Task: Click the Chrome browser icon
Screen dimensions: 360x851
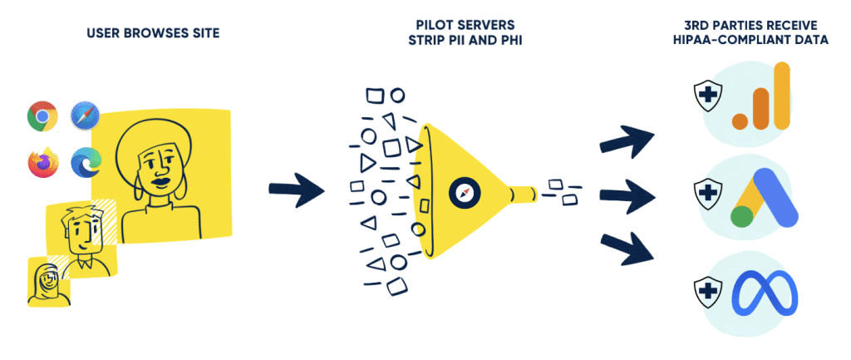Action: [x=42, y=116]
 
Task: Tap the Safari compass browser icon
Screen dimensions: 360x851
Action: [x=86, y=116]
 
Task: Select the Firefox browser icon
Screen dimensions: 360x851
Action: [x=43, y=161]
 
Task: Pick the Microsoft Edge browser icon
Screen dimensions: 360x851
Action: [x=86, y=161]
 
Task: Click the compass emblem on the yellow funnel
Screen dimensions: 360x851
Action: [x=465, y=194]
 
